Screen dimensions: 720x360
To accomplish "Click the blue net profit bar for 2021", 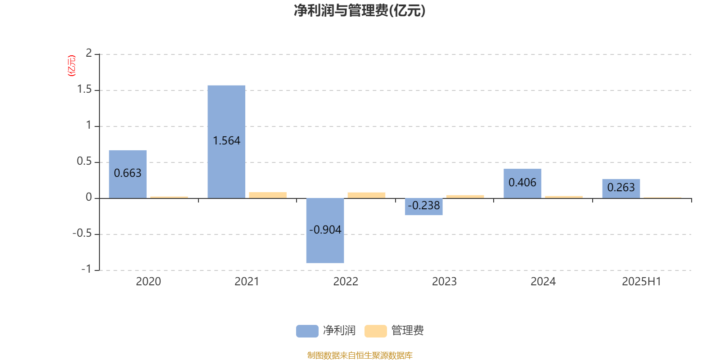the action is pos(226,142).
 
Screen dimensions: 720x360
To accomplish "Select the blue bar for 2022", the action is pos(325,230).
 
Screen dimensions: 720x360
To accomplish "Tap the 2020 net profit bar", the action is pos(128,174).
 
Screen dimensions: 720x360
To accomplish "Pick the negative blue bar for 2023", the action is pos(423,207).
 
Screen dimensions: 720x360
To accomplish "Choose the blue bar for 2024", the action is pos(522,184).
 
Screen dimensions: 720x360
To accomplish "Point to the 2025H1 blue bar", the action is pos(621,189).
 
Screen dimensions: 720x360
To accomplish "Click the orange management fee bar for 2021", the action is pos(268,195).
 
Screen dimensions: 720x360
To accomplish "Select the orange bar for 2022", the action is pos(366,195).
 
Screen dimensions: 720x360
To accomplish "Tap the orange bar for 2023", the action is pos(465,197).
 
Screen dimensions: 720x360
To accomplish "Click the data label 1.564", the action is pos(227,141).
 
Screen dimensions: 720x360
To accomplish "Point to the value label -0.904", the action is pos(325,230).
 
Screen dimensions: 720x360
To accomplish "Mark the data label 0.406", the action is pos(522,183).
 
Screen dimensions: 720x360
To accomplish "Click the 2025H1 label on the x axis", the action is pos(642,282).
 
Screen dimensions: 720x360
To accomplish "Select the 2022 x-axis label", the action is pos(346,282).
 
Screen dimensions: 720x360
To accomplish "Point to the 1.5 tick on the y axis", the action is pos(85,90).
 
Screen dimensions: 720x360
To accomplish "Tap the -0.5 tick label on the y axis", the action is pos(82,234).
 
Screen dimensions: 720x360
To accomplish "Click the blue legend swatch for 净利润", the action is pos(307,331).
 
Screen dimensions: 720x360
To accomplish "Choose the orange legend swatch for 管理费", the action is pos(375,331).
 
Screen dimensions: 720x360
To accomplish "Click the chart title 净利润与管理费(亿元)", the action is pos(360,11).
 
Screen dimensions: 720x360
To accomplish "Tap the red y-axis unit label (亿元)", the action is pos(72,66).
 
